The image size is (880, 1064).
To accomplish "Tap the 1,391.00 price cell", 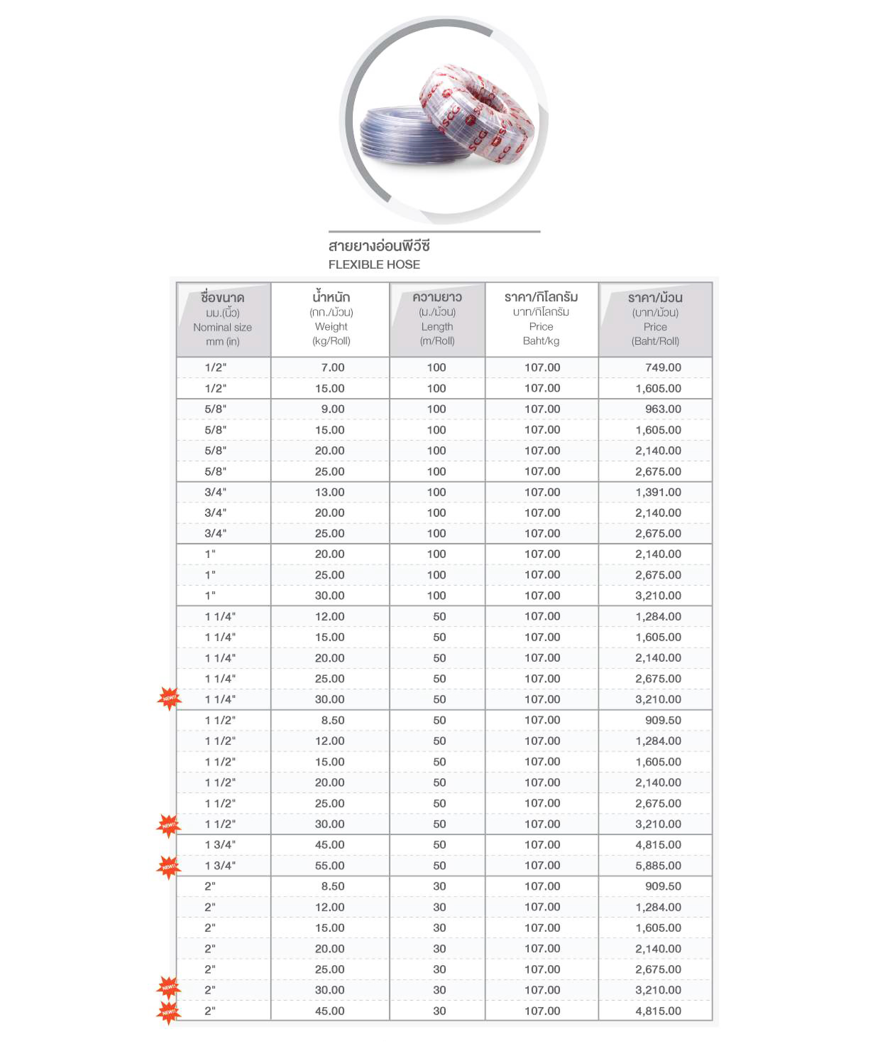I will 658,492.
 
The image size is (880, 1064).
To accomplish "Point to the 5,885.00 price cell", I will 658,865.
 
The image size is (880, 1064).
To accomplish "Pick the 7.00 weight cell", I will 332,367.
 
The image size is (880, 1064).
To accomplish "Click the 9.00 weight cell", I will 332,409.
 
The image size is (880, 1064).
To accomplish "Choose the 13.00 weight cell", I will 329,492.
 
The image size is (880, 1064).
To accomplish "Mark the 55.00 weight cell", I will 329,865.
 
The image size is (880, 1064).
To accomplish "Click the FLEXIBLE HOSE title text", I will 374,265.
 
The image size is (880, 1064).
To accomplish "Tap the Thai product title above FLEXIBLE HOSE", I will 379,246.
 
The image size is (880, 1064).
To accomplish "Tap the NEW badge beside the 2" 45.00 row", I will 169,1012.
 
